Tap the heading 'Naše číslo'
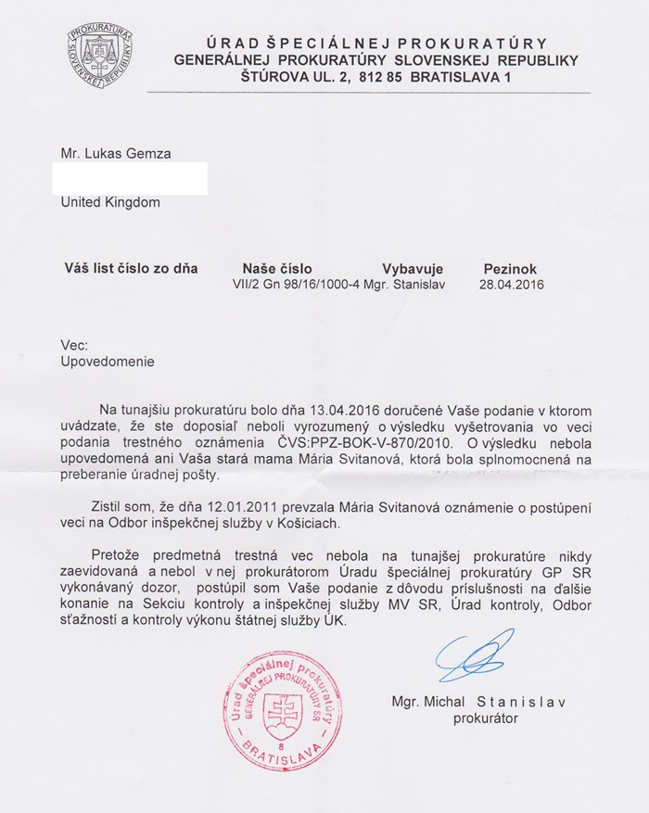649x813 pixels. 275,269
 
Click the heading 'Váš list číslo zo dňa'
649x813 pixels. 131,269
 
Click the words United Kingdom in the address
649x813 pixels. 110,202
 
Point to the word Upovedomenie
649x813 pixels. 108,362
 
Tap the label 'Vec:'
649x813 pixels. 74,345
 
